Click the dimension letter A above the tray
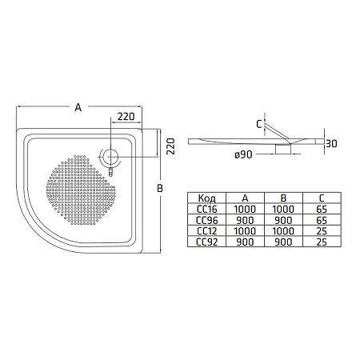(78, 107)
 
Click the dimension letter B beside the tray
(160, 188)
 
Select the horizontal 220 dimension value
(126, 117)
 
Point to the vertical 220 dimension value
(170, 146)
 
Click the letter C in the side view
(259, 124)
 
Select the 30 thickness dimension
(331, 144)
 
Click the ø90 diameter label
(243, 154)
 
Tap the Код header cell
(206, 198)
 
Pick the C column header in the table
(322, 198)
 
